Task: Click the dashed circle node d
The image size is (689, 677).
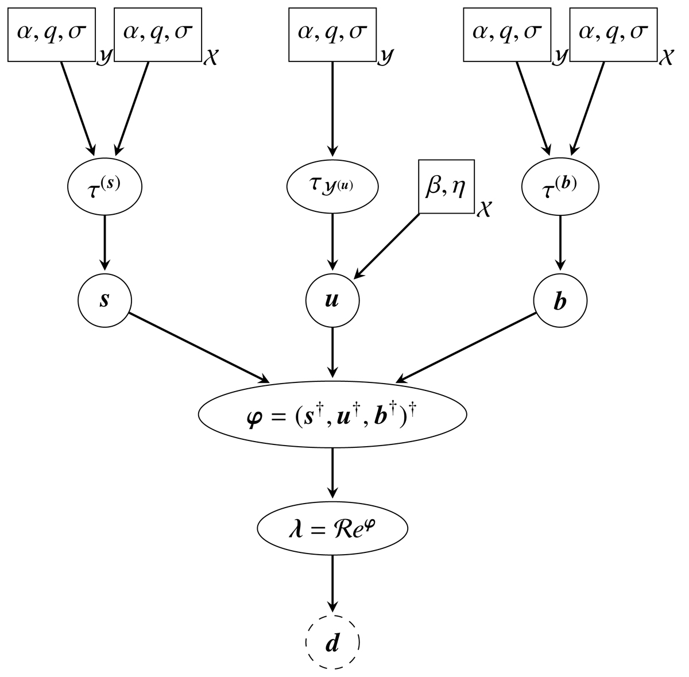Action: (x=332, y=643)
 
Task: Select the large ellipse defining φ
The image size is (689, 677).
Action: (x=332, y=413)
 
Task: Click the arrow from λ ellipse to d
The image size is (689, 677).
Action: (x=332, y=583)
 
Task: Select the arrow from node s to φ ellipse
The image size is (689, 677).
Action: (x=198, y=347)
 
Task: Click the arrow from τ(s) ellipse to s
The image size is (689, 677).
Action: (x=104, y=241)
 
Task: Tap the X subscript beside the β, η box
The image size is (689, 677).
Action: (x=484, y=210)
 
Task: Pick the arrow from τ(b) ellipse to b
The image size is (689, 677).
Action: (x=560, y=241)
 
